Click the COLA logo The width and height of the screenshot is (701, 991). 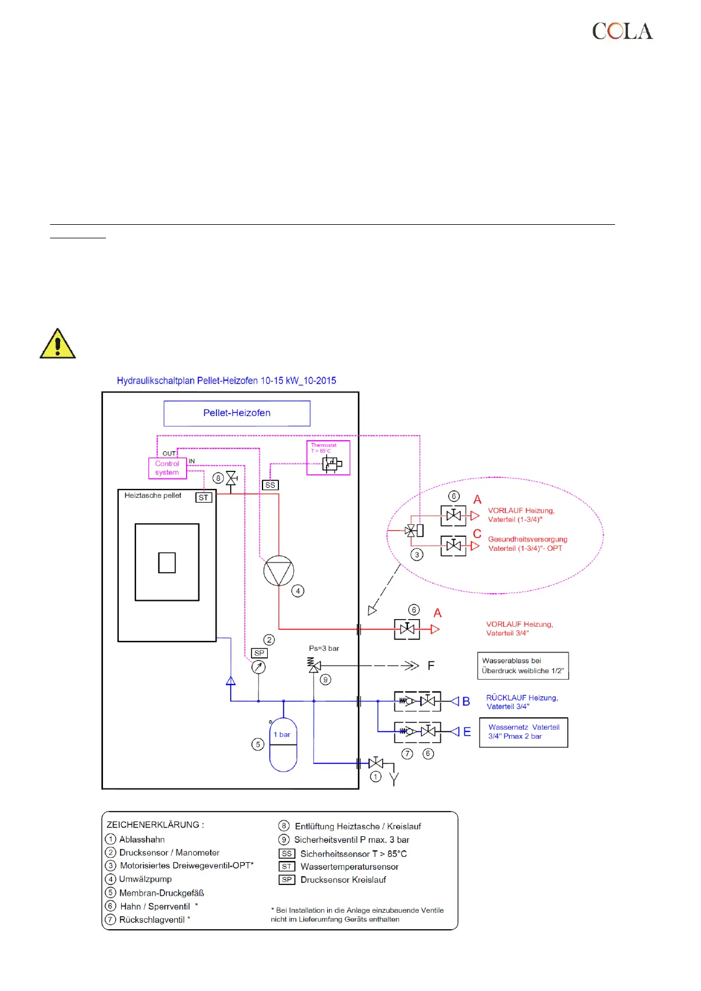point(622,31)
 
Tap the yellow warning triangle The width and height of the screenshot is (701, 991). point(57,345)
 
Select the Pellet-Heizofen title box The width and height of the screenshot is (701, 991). point(237,413)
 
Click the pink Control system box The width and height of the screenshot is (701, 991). point(167,468)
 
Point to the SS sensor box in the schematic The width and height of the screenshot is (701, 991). point(270,485)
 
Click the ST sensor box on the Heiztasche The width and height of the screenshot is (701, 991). point(204,497)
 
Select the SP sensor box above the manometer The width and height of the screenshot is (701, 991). point(259,653)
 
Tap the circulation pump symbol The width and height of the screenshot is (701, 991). point(278,571)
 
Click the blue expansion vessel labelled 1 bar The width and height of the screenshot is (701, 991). point(283,744)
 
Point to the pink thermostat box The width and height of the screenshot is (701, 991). point(328,458)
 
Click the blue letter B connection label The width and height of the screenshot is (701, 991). point(466,701)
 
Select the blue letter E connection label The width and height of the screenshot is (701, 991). point(467,732)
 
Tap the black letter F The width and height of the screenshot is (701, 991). point(431,666)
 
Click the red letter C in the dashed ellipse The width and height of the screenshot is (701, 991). point(477,534)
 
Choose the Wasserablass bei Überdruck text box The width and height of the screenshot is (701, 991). point(523,666)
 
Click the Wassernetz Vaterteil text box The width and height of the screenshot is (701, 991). point(523,732)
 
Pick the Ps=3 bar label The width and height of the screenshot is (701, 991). point(324,649)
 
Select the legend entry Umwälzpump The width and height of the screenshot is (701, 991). point(145,879)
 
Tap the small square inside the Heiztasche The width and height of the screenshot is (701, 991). point(167,563)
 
